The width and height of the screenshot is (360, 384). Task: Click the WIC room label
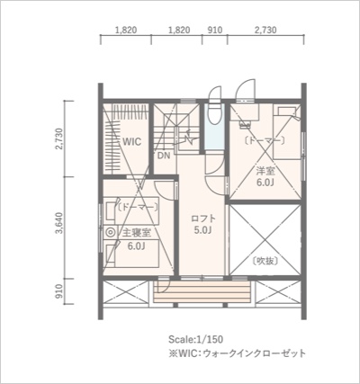[132, 141]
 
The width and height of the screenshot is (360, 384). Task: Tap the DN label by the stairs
[164, 156]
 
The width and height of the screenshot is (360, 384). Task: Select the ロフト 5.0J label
[203, 224]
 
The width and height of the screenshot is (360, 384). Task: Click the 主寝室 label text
[137, 233]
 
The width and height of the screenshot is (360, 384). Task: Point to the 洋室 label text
[265, 172]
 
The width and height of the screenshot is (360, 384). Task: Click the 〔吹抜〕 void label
[265, 261]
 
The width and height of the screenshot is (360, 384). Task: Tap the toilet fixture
[214, 114]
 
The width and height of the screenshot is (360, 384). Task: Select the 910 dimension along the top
[215, 30]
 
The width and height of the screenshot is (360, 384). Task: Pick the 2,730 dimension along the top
[265, 30]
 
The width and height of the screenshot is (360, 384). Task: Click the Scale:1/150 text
[196, 339]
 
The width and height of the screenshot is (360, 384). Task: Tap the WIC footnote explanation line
[237, 353]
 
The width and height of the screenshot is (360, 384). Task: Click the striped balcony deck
[202, 292]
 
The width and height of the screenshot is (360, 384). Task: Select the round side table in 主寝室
[111, 232]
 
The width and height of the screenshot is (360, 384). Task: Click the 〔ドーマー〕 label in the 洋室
[265, 140]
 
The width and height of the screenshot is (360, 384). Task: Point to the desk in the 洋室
[245, 112]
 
